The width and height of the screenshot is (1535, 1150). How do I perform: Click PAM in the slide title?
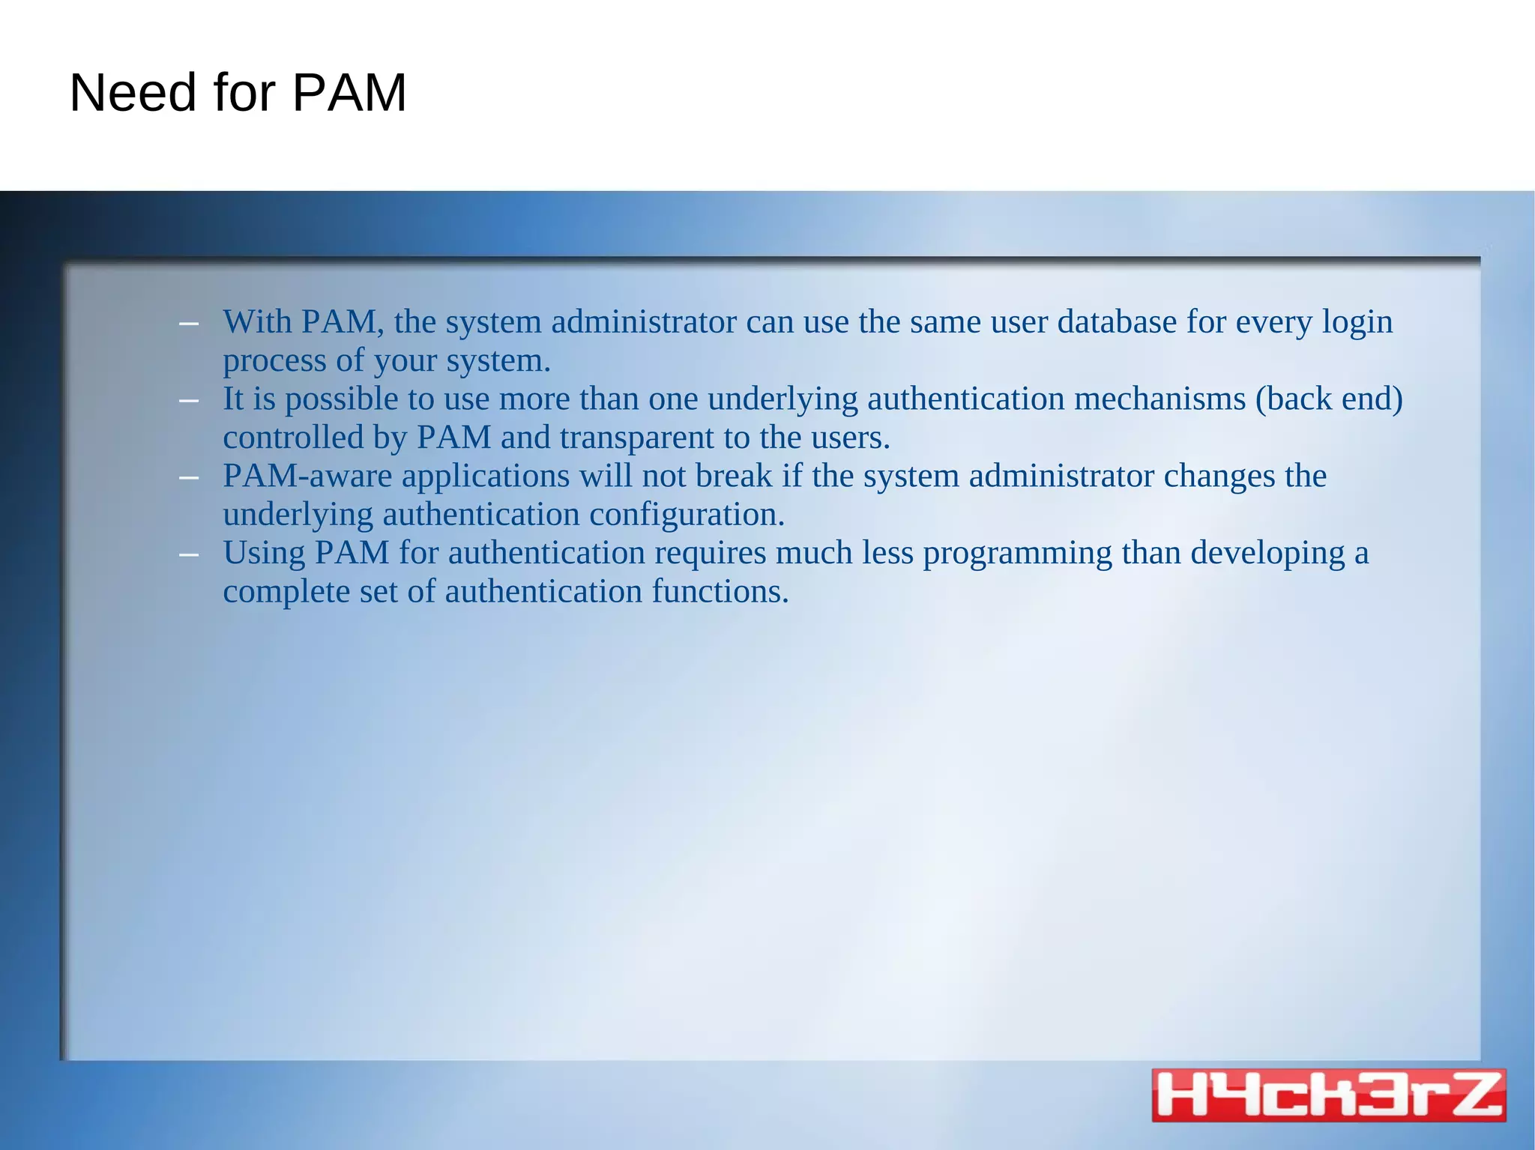pyautogui.click(x=349, y=93)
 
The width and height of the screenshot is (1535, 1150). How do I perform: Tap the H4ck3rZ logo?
pyautogui.click(x=1328, y=1095)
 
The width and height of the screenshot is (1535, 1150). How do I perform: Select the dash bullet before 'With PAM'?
pyautogui.click(x=189, y=324)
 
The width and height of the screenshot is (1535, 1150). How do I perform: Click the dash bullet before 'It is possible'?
pyautogui.click(x=189, y=401)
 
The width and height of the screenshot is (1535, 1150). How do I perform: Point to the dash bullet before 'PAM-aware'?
pyautogui.click(x=189, y=478)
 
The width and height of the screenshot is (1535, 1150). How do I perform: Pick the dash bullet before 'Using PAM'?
pyautogui.click(x=189, y=555)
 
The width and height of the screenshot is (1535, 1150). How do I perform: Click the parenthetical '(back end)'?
pyautogui.click(x=1329, y=399)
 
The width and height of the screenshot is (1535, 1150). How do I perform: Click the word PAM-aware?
pyautogui.click(x=307, y=476)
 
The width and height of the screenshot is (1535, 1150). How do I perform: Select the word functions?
pyautogui.click(x=720, y=592)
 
